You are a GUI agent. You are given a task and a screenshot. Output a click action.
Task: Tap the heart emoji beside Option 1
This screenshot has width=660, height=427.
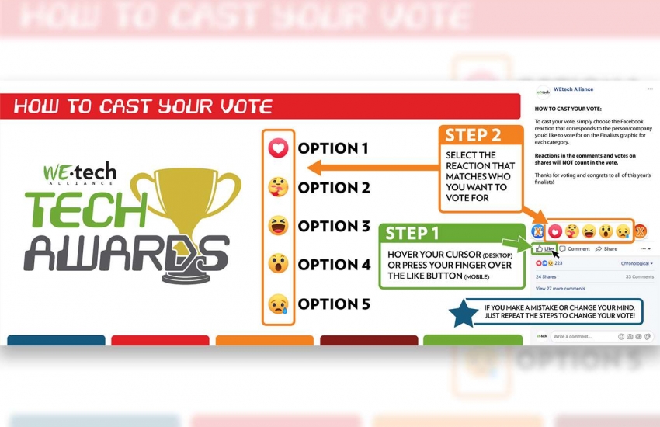tap(278, 148)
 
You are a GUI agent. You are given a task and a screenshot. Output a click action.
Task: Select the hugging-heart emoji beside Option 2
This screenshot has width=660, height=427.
tap(278, 187)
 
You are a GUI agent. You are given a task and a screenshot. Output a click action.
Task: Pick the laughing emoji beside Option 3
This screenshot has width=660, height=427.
tap(278, 226)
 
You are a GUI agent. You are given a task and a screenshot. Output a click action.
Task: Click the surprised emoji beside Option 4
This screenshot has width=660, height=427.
tap(278, 264)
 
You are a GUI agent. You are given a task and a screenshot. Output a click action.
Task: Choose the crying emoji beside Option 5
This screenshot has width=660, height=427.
tap(278, 304)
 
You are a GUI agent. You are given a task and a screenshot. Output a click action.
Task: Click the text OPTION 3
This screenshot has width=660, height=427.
tap(334, 226)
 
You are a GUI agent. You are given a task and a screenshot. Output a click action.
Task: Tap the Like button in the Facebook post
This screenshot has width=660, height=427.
tap(545, 249)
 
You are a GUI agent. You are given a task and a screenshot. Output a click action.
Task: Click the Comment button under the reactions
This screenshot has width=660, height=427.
tap(575, 249)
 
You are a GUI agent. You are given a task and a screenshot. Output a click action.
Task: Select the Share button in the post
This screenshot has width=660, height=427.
tap(606, 249)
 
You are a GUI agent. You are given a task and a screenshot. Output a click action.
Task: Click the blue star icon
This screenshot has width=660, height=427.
tap(464, 314)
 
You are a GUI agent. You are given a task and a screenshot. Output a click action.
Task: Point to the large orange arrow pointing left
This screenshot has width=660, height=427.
tap(373, 166)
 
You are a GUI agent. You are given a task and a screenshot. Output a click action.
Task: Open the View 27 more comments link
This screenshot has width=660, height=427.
tap(560, 288)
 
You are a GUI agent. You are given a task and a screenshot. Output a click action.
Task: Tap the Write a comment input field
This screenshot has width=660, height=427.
tap(582, 336)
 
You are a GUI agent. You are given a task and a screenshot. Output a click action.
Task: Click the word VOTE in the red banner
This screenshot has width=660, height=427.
tap(241, 106)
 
